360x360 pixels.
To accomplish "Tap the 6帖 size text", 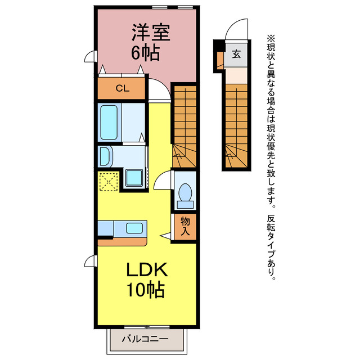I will click(x=145, y=53).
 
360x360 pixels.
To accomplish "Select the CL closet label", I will click(x=121, y=88).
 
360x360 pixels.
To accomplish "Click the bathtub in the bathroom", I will click(x=109, y=123).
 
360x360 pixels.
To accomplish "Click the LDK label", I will click(x=146, y=271).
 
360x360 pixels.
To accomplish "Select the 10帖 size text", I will click(x=145, y=290).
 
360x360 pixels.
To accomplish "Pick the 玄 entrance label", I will click(x=236, y=55).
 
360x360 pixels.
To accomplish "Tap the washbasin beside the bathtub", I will click(x=105, y=156).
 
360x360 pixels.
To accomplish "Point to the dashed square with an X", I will click(x=109, y=181).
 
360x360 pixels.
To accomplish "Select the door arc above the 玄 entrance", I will click(x=238, y=31).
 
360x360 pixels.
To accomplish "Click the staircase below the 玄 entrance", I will click(x=236, y=124).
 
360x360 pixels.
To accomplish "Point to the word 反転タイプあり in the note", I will click(x=272, y=248).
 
